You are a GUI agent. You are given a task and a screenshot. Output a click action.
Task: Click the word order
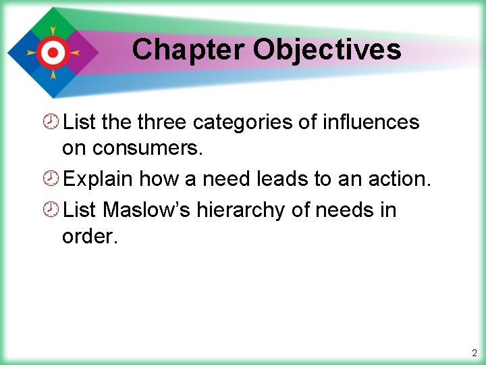tap(88, 237)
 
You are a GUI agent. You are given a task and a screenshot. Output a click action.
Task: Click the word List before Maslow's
tap(80, 210)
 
